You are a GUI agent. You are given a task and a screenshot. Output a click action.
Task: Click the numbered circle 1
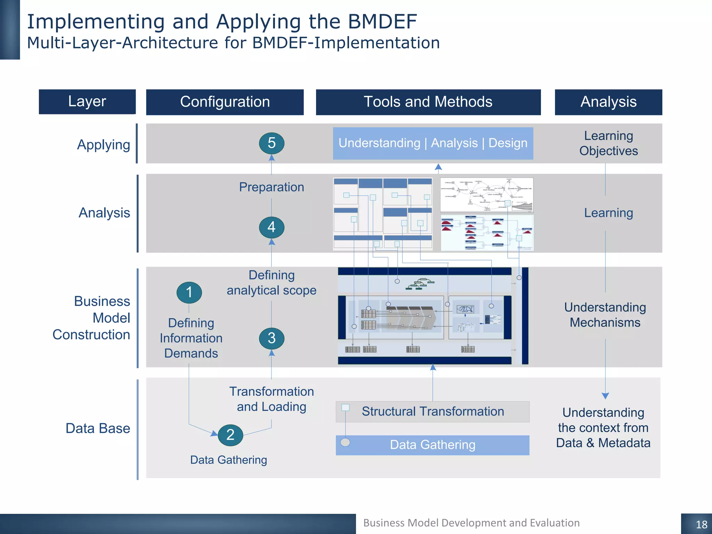[x=189, y=292]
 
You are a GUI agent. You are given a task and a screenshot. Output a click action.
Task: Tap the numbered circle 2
[x=230, y=435]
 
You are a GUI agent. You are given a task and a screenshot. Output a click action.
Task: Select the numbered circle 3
[x=272, y=338]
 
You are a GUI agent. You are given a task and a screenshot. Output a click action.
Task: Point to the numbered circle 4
[x=272, y=227]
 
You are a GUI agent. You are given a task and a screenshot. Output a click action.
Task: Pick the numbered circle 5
[x=272, y=143]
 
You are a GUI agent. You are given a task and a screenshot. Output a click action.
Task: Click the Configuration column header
[x=225, y=102]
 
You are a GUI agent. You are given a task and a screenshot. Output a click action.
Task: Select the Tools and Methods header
[x=428, y=102]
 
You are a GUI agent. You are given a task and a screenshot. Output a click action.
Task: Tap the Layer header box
[x=87, y=102]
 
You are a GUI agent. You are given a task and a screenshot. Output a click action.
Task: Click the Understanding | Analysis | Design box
[x=433, y=143]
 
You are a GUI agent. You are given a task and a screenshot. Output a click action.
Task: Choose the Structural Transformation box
[x=433, y=412]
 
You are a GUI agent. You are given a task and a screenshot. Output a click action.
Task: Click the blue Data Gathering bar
[x=433, y=445]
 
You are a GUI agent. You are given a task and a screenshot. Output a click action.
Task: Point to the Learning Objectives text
[x=608, y=143]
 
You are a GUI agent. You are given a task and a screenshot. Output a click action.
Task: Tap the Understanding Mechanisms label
[x=605, y=315]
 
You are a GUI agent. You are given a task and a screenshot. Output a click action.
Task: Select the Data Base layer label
[x=98, y=428]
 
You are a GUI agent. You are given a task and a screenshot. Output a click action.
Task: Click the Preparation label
[x=272, y=187]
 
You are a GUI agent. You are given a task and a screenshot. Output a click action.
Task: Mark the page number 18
[x=701, y=524]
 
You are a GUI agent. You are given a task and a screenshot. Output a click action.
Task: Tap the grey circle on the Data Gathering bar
[x=345, y=442]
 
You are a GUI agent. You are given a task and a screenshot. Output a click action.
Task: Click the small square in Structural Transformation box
[x=345, y=407]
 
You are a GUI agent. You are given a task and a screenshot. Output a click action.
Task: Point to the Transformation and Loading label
[x=272, y=399]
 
